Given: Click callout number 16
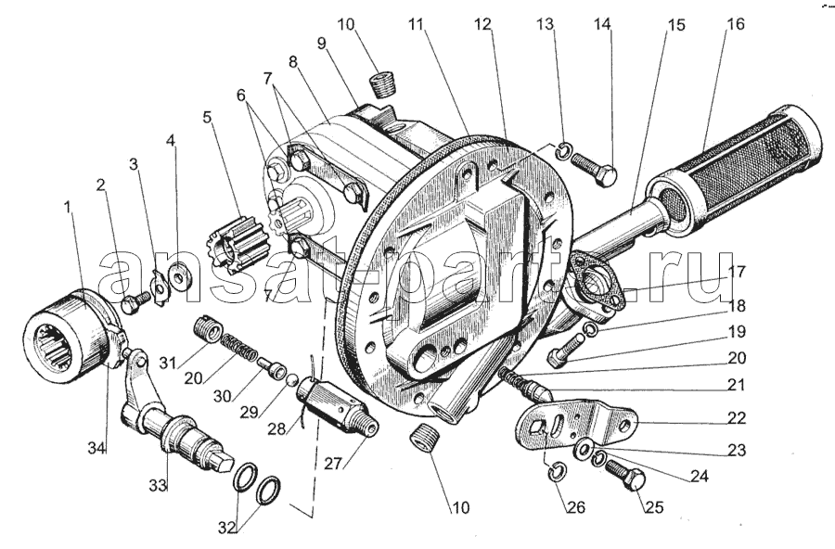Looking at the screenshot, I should [734, 25].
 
